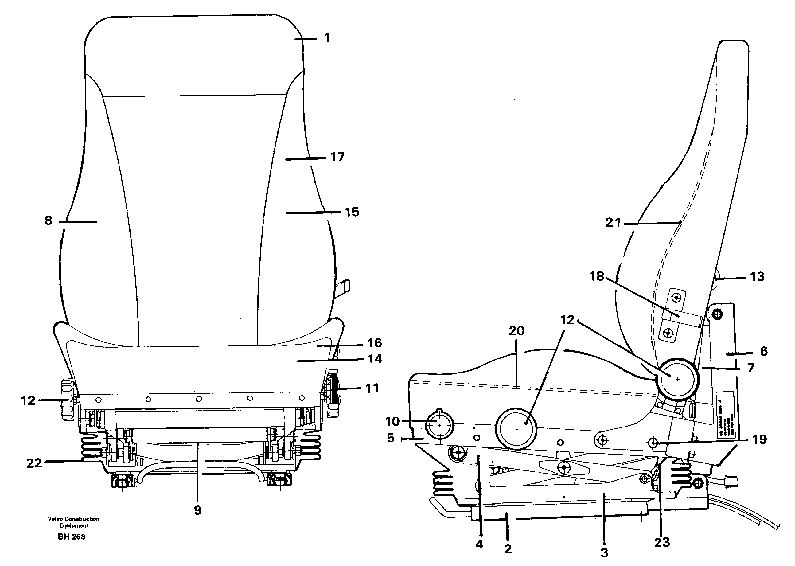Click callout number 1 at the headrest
327,38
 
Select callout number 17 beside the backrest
337,157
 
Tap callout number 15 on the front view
352,212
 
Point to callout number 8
49,221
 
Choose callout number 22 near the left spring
34,463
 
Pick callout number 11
372,388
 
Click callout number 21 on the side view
613,222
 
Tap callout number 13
757,277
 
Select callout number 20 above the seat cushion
516,331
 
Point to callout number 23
661,542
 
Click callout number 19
759,439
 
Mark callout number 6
764,351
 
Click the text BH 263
72,537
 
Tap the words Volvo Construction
73,519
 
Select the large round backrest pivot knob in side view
677,379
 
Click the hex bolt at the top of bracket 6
717,314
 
